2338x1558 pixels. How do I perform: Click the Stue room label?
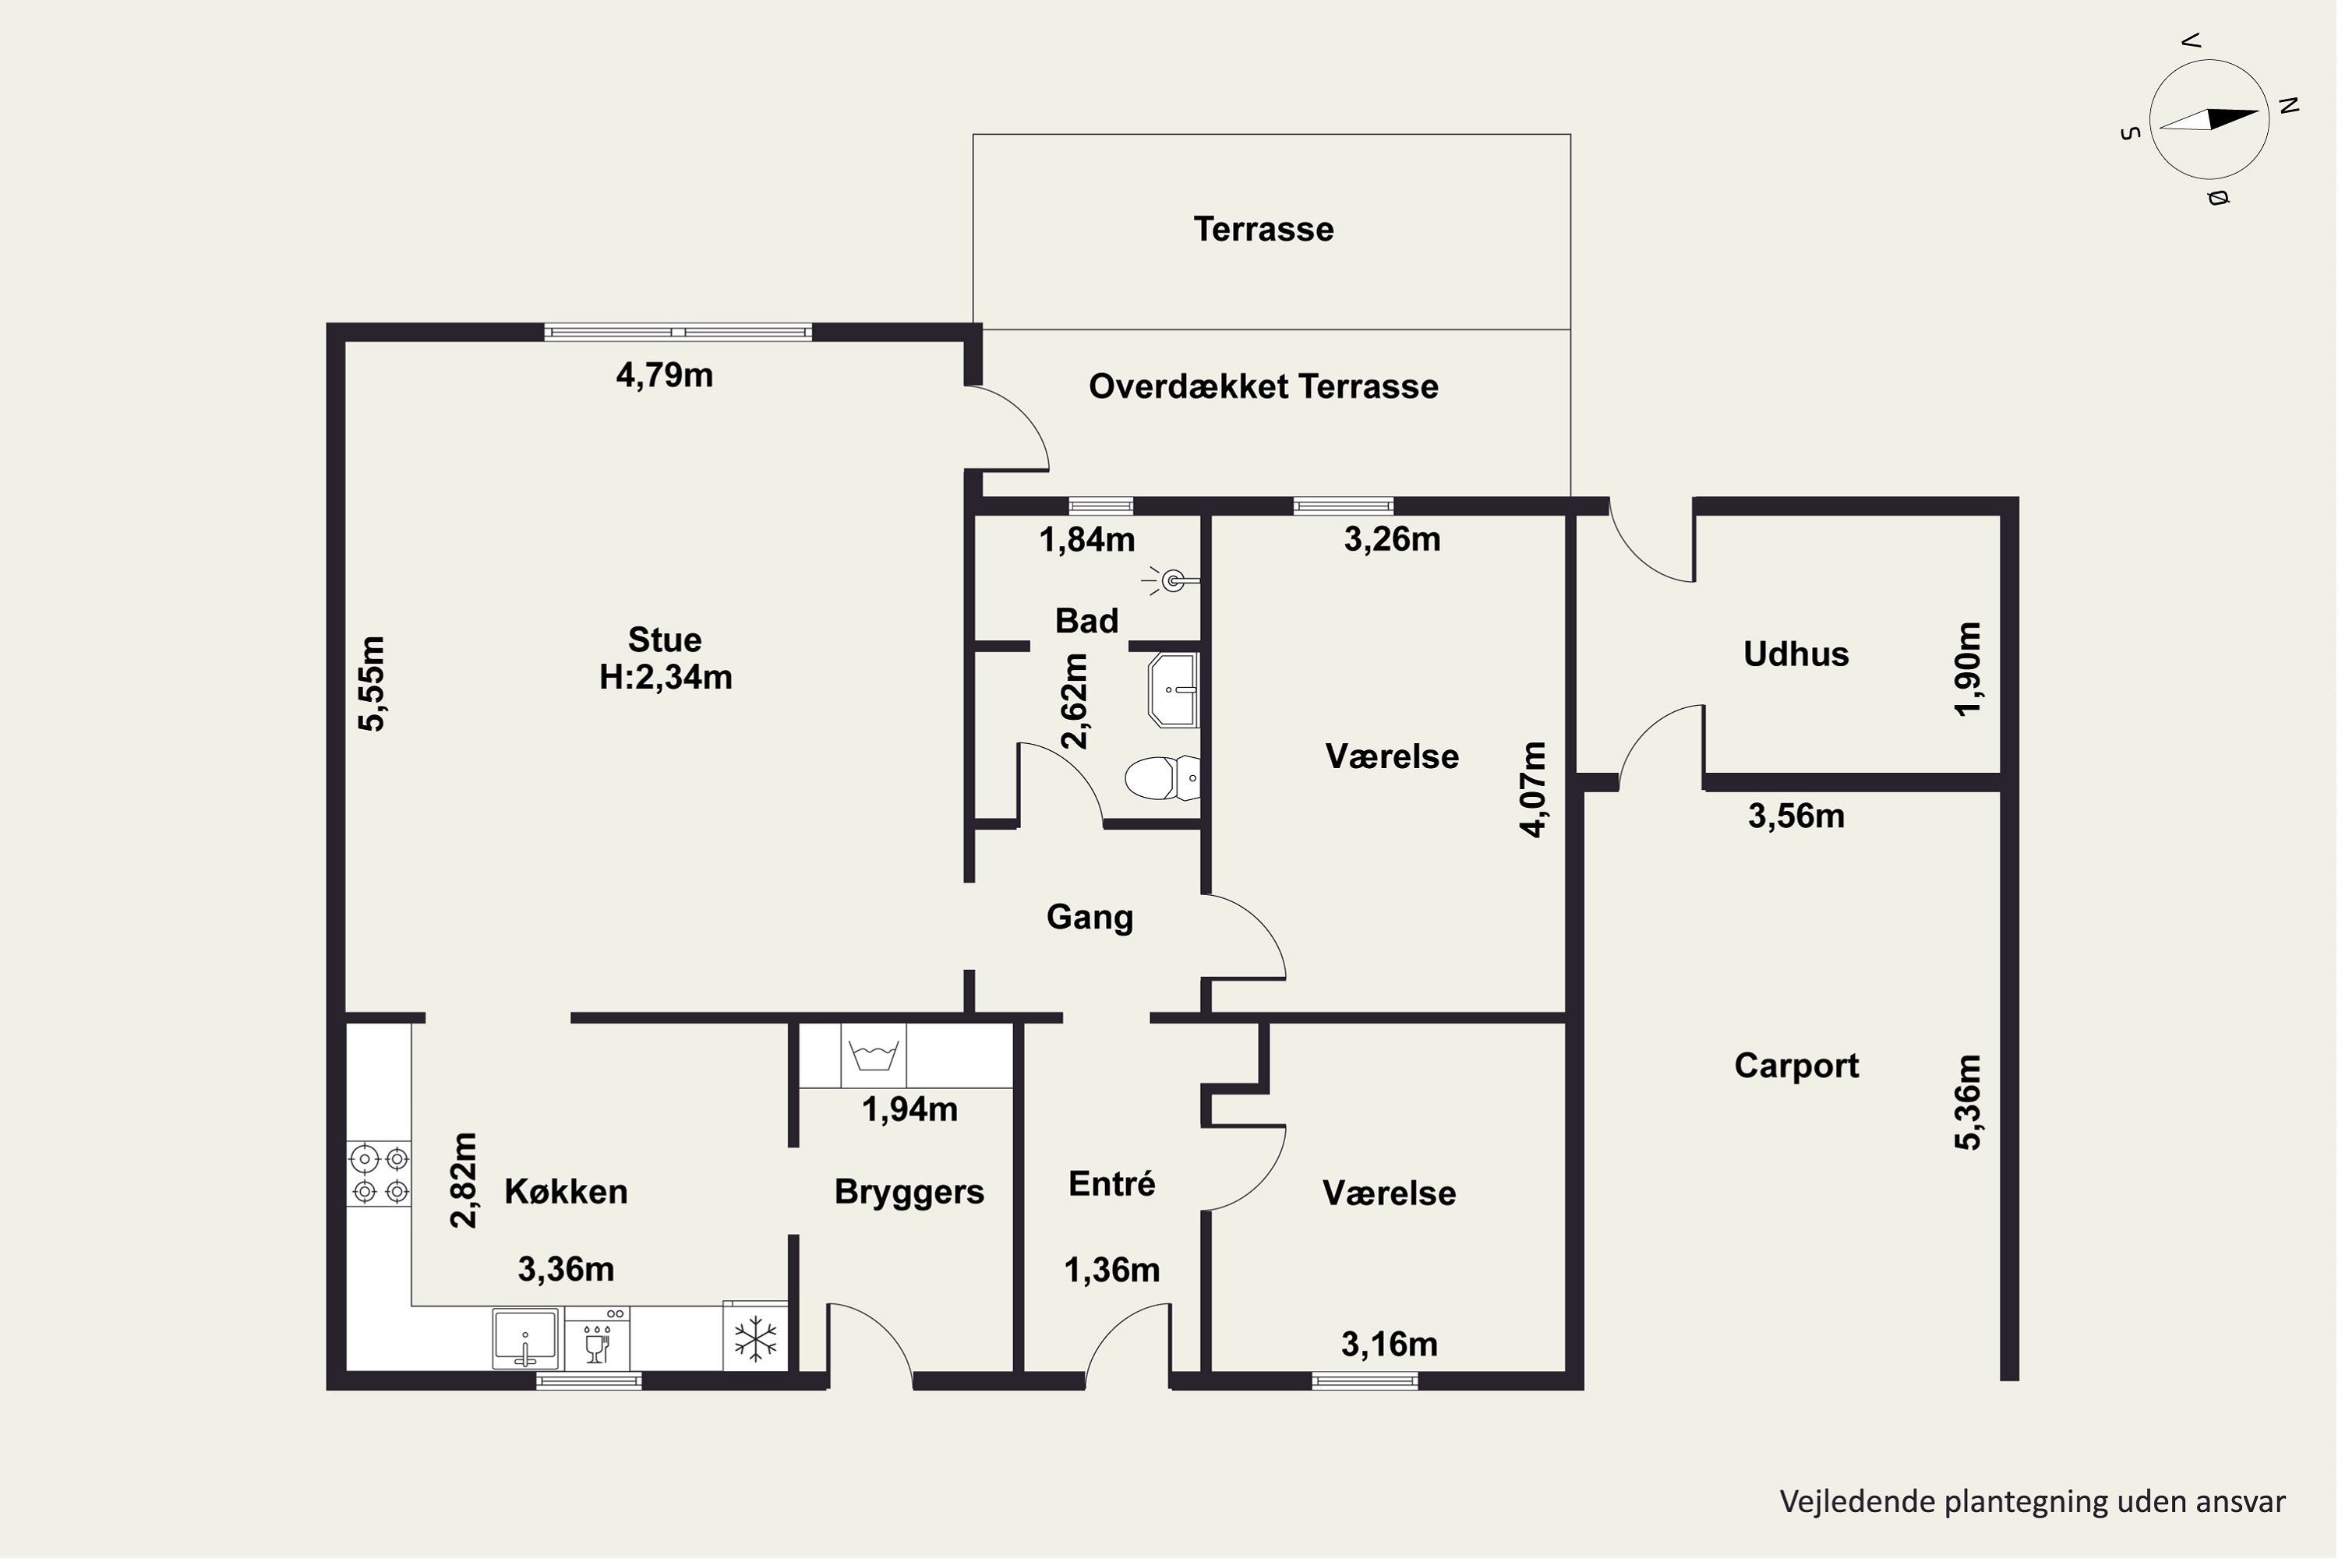point(664,639)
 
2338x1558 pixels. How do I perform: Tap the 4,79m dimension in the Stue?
point(664,375)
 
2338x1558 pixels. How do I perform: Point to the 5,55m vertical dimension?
point(372,684)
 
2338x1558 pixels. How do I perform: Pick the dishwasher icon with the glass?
point(598,1338)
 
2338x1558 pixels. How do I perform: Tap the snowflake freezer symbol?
point(755,1338)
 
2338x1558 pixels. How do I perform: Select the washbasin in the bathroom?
point(1174,689)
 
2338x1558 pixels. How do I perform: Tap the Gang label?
point(1090,917)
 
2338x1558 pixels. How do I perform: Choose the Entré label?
point(1111,1183)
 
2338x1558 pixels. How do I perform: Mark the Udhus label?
point(1796,654)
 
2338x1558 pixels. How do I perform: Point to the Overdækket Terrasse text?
point(1263,386)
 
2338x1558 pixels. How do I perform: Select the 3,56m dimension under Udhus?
point(1796,816)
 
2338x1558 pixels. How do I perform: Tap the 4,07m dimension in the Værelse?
point(1534,789)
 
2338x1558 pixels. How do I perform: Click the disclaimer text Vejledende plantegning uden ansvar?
point(2033,1501)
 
